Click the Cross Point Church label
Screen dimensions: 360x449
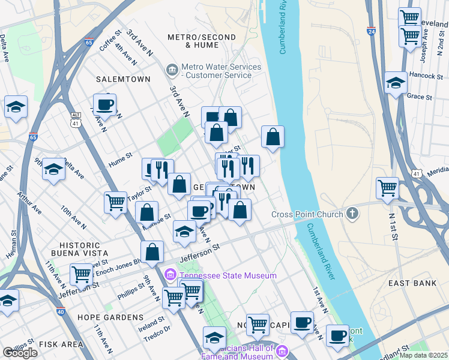coord(307,214)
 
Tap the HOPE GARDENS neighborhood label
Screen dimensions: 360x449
coord(110,317)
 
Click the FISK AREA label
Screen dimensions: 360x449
coord(61,344)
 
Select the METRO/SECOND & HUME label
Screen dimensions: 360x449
coord(202,41)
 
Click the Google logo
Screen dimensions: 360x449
coord(20,353)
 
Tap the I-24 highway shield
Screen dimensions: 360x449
coord(372,31)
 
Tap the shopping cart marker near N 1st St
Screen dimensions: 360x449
coord(388,188)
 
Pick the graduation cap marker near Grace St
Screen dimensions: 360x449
coord(396,83)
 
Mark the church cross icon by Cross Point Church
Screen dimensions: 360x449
coord(352,214)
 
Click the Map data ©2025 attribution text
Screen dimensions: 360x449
coord(424,355)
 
